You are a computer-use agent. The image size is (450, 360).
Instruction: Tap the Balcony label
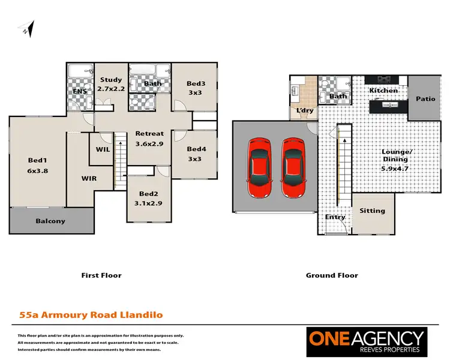pos(50,221)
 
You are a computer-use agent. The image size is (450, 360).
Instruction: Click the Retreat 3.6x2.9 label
pos(149,138)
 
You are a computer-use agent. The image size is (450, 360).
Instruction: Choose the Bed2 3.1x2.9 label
pos(148,199)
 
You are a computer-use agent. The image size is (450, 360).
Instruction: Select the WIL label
pos(103,149)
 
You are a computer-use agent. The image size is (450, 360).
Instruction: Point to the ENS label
pos(80,91)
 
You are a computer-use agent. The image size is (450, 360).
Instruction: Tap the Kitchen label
pos(383,91)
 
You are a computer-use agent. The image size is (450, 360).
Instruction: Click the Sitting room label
pos(372,211)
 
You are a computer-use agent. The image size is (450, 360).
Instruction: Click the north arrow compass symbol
pos(28,29)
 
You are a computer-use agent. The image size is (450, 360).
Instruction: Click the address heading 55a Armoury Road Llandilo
pos(91,314)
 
